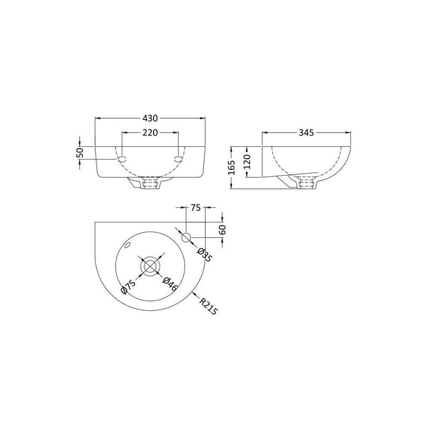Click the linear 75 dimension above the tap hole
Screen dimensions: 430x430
click(x=196, y=208)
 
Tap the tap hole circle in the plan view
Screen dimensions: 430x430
click(x=187, y=237)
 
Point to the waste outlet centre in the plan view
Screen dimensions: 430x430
click(x=149, y=265)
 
